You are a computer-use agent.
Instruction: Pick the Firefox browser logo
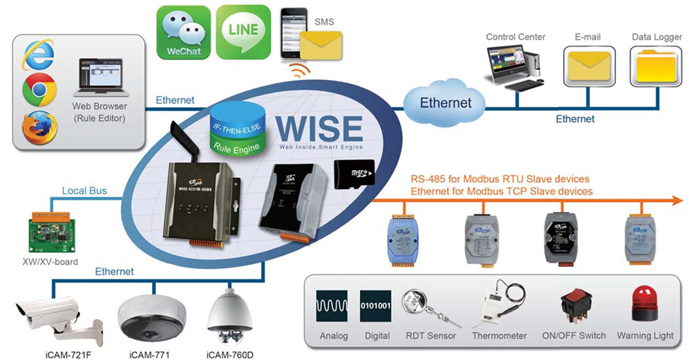coord(39,127)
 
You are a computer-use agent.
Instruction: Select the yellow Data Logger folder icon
coord(656,65)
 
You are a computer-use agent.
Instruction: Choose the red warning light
coord(645,305)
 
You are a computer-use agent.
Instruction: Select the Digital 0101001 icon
coord(376,307)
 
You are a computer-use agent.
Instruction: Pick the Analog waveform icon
coord(333,307)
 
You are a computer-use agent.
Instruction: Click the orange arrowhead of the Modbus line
coord(676,200)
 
